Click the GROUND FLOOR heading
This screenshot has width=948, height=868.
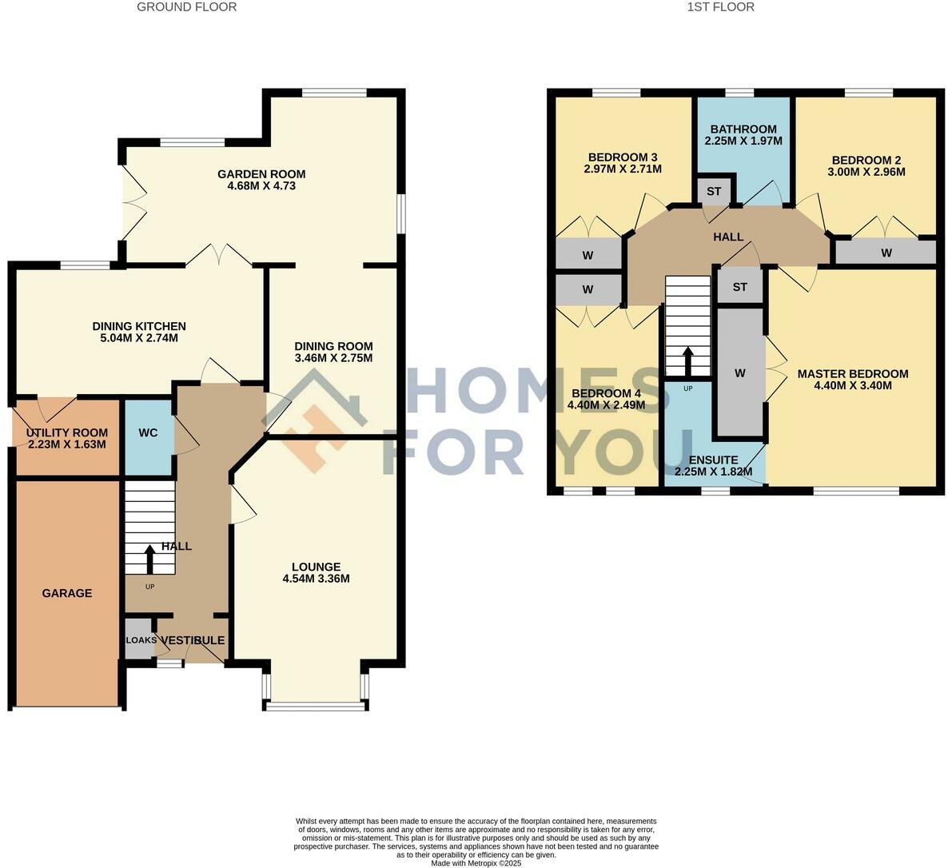(x=186, y=7)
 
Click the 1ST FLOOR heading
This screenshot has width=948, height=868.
(x=720, y=7)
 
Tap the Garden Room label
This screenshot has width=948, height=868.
(x=261, y=174)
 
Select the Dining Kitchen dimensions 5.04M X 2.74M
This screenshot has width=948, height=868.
(x=139, y=338)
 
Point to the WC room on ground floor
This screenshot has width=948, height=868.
(x=148, y=433)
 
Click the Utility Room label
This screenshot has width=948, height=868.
(x=67, y=433)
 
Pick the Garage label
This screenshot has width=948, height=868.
(x=67, y=593)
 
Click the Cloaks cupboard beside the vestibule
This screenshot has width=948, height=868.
(x=140, y=640)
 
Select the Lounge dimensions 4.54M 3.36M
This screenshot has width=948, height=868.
(x=317, y=579)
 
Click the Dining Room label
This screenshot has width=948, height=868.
(x=333, y=346)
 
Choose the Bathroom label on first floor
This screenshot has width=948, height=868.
(x=743, y=129)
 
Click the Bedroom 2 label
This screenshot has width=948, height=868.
(x=866, y=159)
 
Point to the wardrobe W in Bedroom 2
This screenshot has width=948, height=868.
(x=886, y=253)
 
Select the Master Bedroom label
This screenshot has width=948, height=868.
(x=853, y=373)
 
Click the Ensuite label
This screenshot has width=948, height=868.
(x=713, y=460)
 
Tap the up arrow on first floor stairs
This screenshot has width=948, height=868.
(x=687, y=361)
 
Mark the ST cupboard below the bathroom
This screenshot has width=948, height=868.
(x=714, y=192)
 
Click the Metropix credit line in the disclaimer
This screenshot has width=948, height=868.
(x=476, y=863)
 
